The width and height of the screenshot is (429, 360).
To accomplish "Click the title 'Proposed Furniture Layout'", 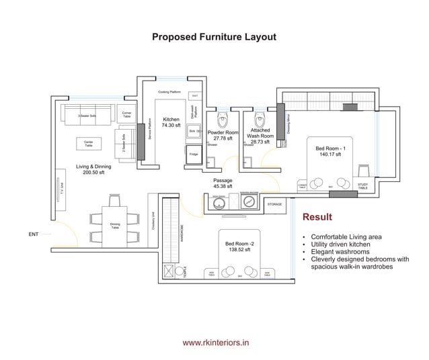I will (x=214, y=38).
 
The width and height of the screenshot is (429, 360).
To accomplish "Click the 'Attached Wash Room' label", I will (x=260, y=136).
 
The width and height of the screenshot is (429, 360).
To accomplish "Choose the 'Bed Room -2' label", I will (x=239, y=246).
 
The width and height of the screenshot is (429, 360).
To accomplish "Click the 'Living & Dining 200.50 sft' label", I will (x=93, y=169).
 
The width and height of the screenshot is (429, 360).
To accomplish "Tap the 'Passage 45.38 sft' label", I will (x=223, y=183).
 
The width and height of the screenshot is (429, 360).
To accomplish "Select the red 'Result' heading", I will (x=317, y=217).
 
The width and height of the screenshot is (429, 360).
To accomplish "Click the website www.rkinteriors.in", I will (x=216, y=342).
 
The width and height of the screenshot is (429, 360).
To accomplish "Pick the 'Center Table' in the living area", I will (x=89, y=143).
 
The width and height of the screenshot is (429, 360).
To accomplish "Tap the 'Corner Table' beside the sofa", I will (x=126, y=114).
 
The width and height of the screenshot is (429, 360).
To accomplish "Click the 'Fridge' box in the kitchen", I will (x=193, y=154).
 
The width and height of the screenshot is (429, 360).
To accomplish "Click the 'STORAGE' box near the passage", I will (x=274, y=203).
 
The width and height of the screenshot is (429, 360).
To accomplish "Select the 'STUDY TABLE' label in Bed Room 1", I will (x=362, y=186).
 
